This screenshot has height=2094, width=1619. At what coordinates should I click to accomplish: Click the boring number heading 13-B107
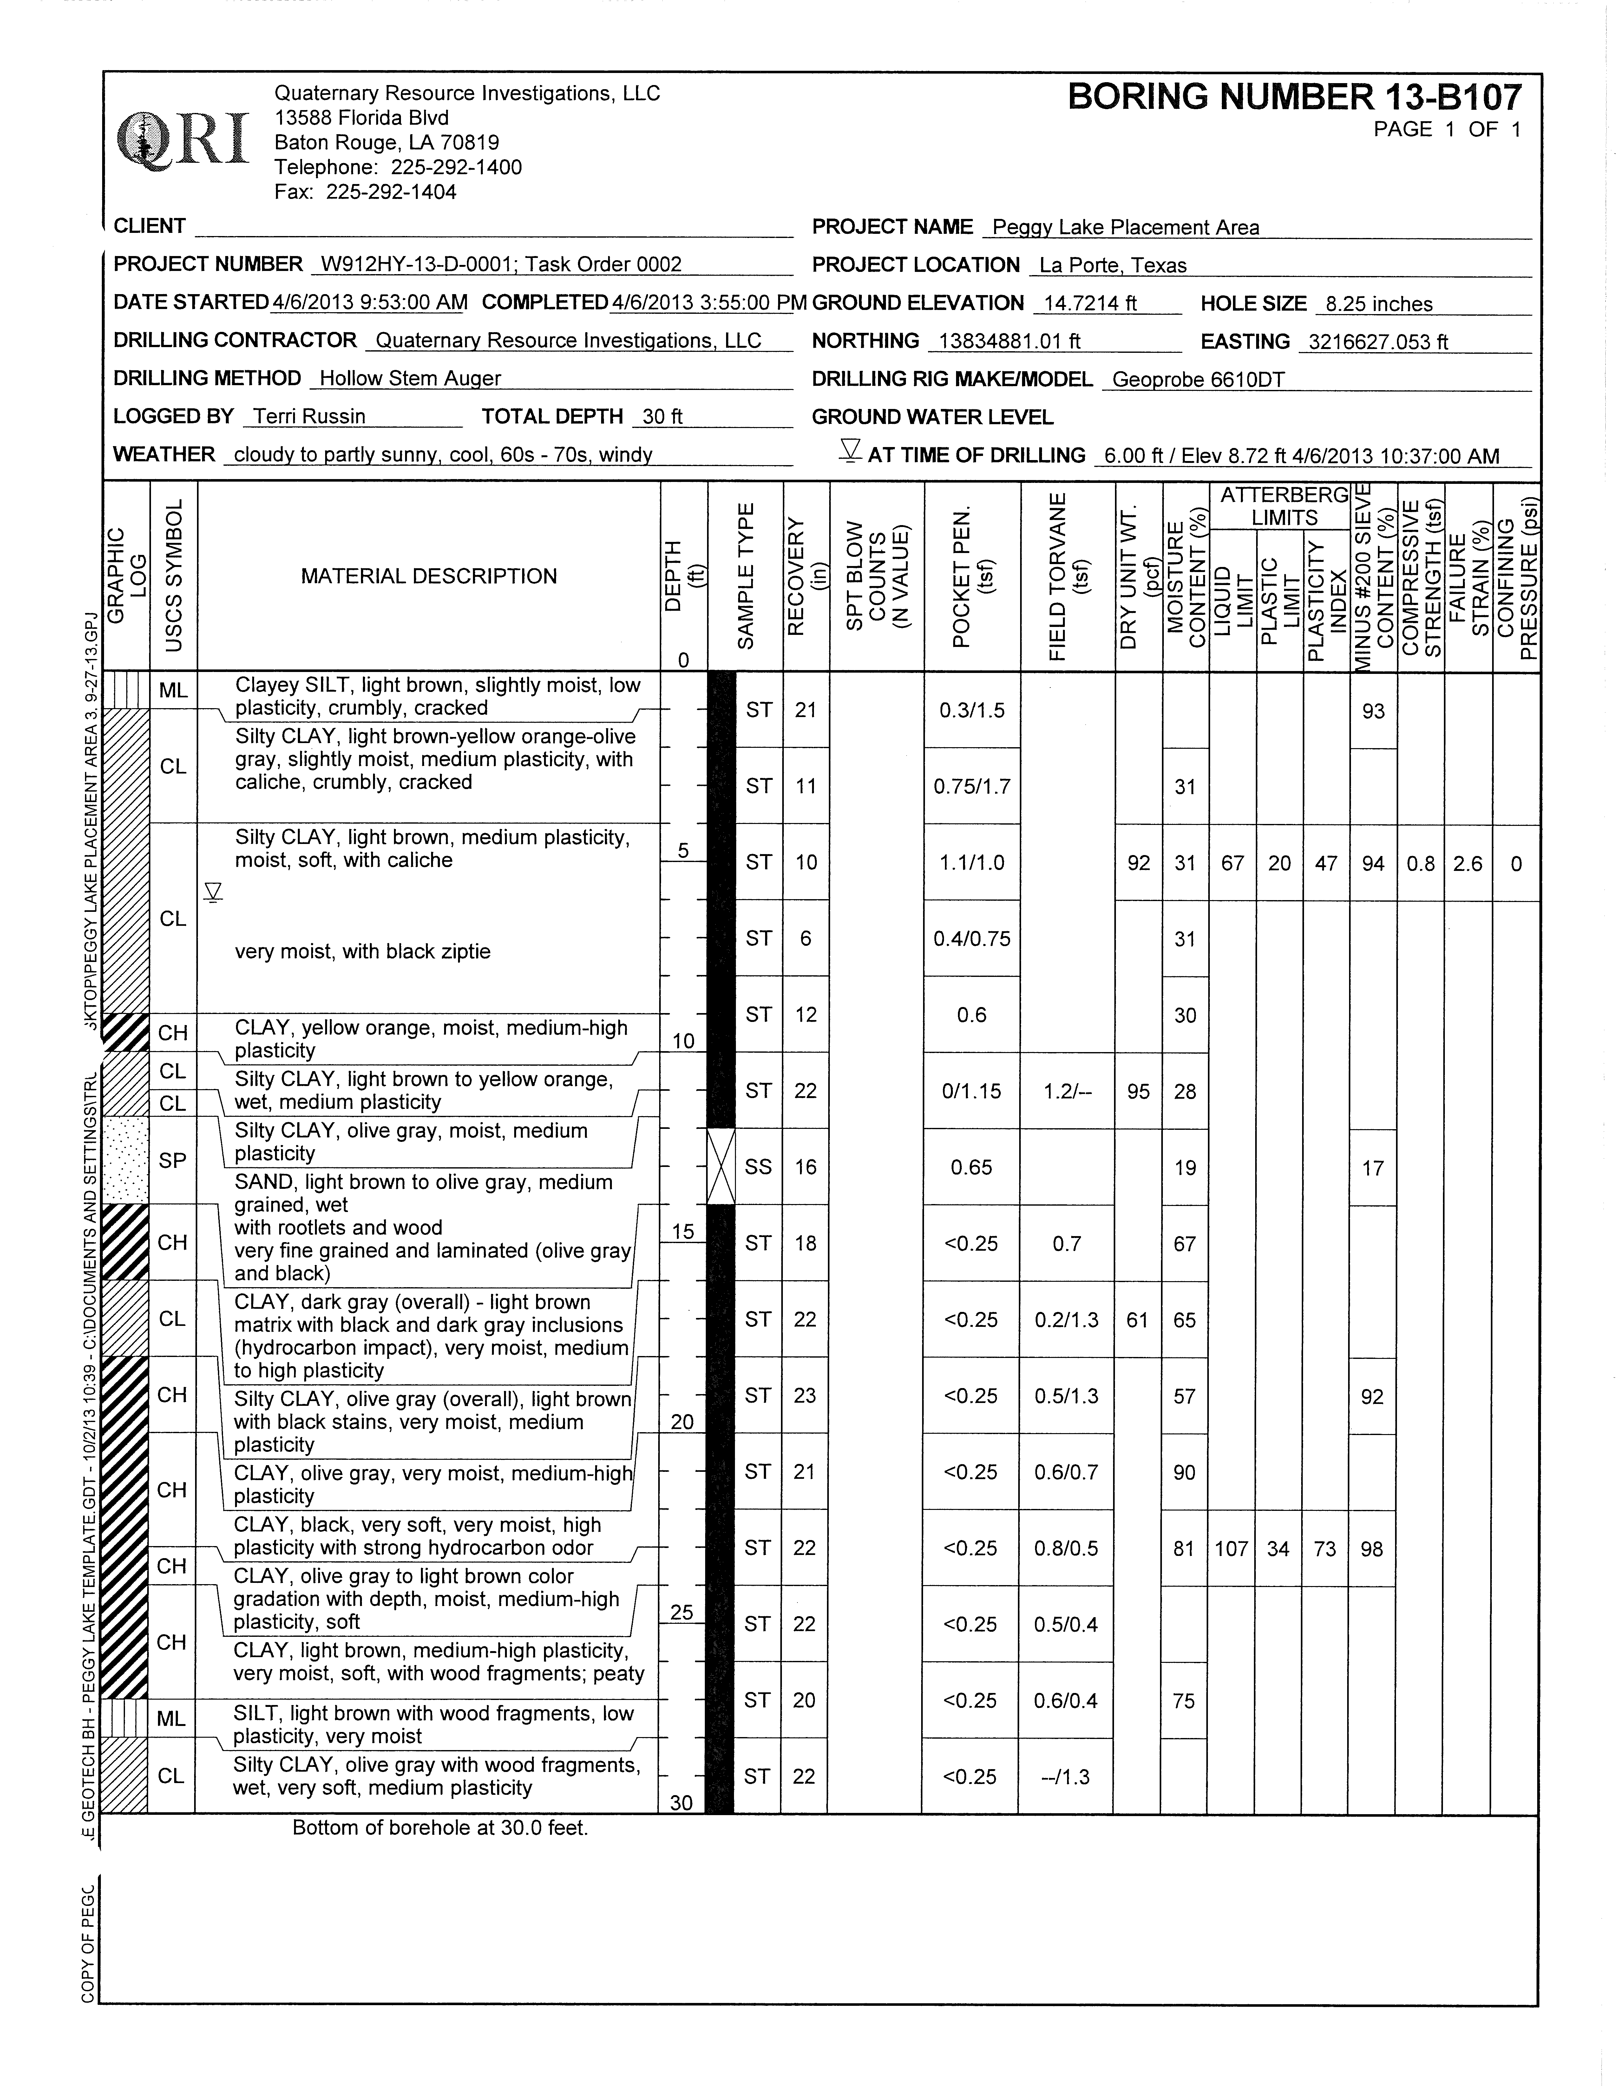click(1294, 98)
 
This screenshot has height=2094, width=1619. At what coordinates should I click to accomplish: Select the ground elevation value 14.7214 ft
click(1090, 304)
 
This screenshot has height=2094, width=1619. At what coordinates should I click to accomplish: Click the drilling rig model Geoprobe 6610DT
click(1198, 380)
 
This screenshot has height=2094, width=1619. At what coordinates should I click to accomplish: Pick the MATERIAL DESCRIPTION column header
click(429, 576)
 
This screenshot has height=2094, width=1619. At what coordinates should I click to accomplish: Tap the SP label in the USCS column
click(173, 1161)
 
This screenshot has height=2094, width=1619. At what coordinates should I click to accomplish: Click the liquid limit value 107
click(1232, 1548)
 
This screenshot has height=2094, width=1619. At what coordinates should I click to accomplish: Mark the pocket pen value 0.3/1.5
click(972, 710)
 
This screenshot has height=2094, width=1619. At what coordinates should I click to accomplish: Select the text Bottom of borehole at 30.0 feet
click(440, 1828)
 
